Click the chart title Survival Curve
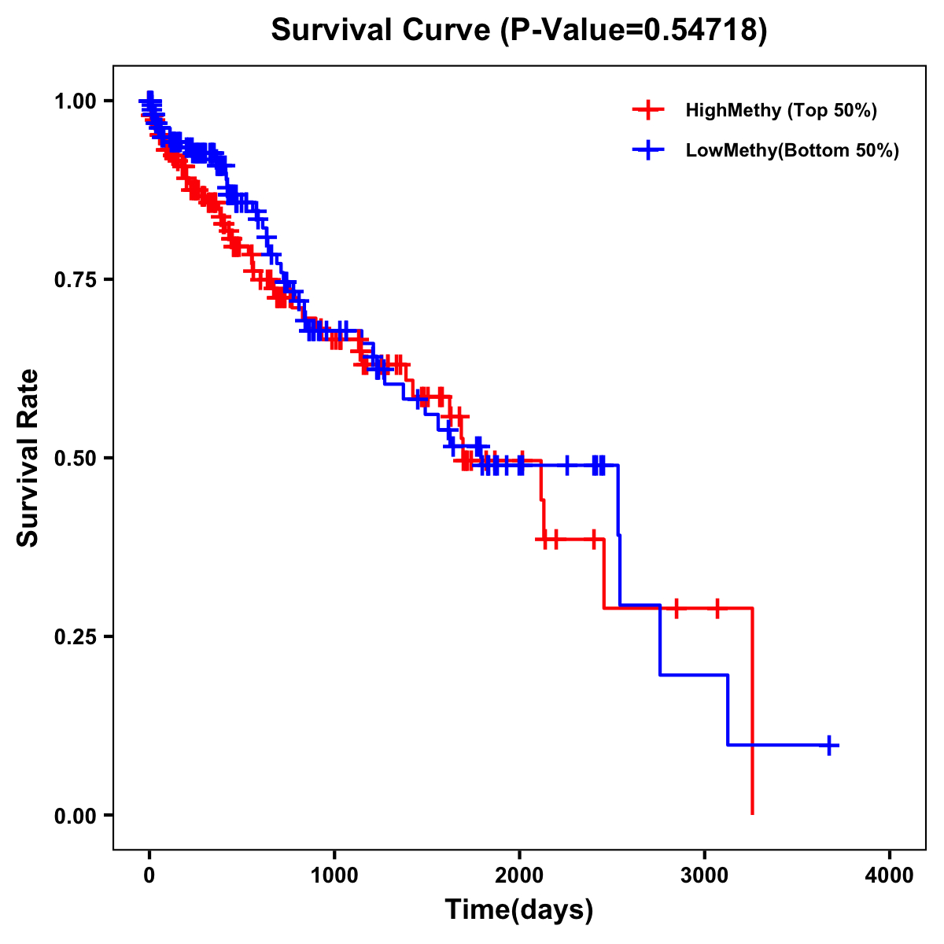click(x=384, y=30)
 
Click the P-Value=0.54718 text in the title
click(x=636, y=30)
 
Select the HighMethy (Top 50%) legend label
click(x=781, y=110)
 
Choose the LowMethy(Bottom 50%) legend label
click(x=792, y=150)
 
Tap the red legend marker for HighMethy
click(x=648, y=110)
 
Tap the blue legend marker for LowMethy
click(x=648, y=150)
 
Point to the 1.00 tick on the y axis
click(x=75, y=101)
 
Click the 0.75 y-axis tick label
click(x=75, y=279)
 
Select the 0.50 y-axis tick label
click(x=75, y=458)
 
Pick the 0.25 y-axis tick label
click(x=75, y=636)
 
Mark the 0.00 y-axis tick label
click(x=75, y=815)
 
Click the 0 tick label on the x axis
click(x=149, y=876)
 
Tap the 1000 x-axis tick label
click(x=334, y=876)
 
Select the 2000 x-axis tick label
click(x=519, y=876)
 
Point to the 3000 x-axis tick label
click(x=705, y=876)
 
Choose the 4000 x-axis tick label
click(x=890, y=876)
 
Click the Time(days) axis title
click(x=519, y=910)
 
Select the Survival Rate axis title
click(x=28, y=458)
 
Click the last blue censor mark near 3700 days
click(x=829, y=745)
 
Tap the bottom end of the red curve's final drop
click(x=753, y=813)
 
